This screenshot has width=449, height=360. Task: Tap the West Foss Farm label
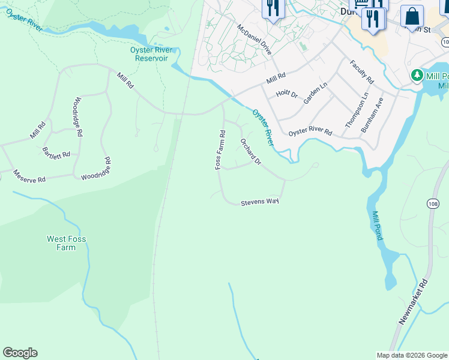tap(66, 243)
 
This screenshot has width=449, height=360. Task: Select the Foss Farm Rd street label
tap(221, 150)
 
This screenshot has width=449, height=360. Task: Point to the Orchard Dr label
tap(251, 152)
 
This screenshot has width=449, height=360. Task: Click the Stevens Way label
tap(260, 203)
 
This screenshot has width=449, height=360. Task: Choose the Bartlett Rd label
tap(56, 153)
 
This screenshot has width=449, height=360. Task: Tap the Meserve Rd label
tap(29, 179)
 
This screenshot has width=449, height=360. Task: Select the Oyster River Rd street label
tap(310, 132)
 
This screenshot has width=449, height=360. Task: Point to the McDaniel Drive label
tap(255, 40)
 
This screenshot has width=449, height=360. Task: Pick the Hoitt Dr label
tap(287, 94)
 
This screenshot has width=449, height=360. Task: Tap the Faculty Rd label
tap(362, 72)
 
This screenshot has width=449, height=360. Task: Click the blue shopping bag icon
tap(412, 16)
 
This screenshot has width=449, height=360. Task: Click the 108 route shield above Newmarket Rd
tap(433, 204)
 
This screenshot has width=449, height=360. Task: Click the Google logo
tap(20, 353)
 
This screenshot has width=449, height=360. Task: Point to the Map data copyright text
tap(412, 355)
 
